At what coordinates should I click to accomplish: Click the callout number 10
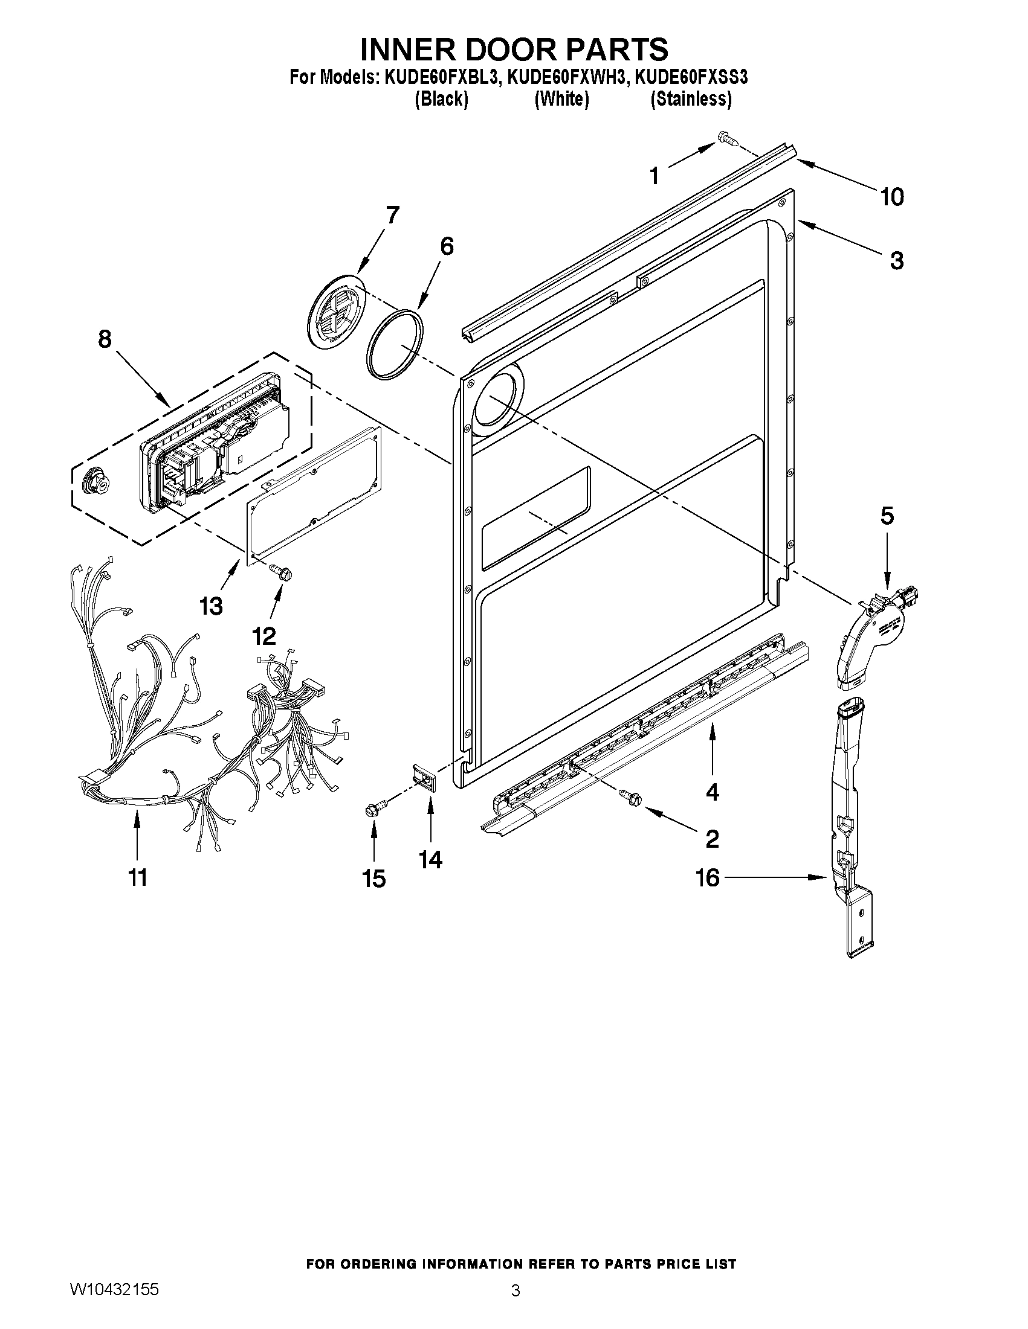891,197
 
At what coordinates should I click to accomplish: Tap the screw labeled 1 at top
728,139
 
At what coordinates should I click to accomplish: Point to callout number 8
105,338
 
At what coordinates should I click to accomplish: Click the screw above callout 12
281,569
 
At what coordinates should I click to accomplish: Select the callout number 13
212,606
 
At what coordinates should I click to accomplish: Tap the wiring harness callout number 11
138,877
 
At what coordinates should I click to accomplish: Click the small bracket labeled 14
427,778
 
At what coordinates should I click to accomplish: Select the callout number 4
712,792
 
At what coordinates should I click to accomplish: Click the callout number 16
708,877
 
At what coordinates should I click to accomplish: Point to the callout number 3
896,260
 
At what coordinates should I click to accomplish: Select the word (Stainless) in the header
691,98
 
